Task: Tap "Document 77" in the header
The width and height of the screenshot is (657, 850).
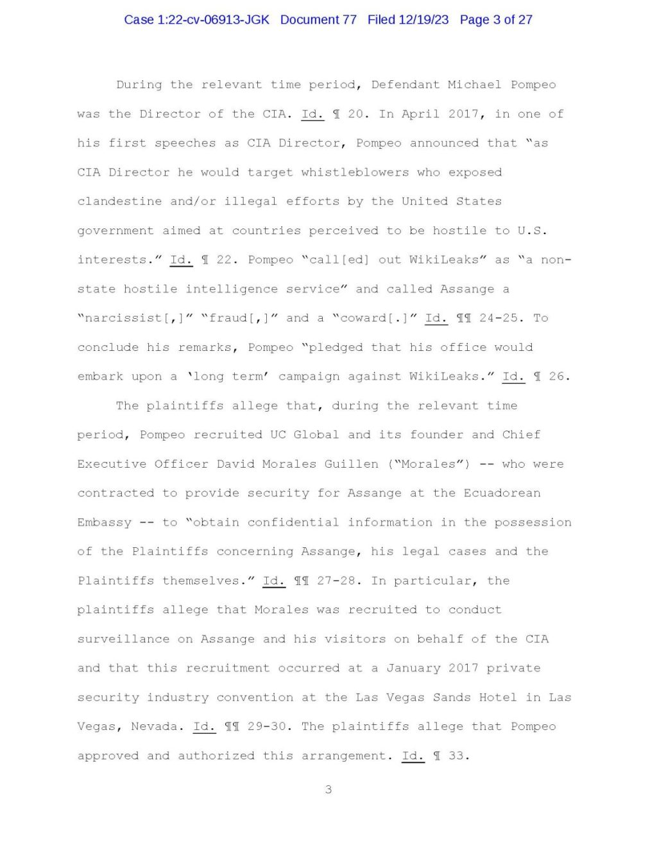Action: (x=318, y=20)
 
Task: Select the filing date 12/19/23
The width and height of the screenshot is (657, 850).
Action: (x=423, y=20)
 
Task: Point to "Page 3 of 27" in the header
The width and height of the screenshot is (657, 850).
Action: (x=496, y=20)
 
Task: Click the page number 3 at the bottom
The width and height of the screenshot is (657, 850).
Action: (x=328, y=790)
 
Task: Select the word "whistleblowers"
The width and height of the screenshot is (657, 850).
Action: (x=355, y=173)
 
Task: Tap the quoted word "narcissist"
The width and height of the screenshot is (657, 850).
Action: (x=124, y=318)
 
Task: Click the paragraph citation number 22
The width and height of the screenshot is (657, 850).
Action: (x=224, y=260)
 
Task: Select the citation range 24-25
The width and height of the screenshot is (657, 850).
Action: (x=502, y=318)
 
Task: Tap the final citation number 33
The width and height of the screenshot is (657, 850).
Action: (x=456, y=756)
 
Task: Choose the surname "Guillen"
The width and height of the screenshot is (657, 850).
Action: (x=351, y=464)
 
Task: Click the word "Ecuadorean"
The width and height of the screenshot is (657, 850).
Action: (x=502, y=493)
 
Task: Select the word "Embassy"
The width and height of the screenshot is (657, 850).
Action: (x=104, y=523)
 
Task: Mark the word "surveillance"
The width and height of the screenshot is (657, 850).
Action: (x=123, y=640)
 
